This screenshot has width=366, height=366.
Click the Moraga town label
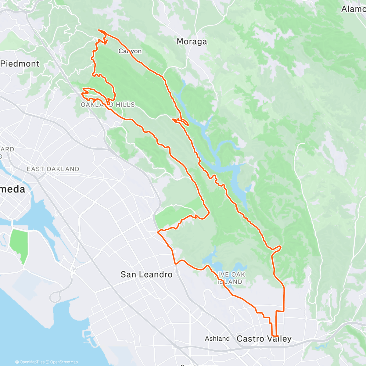tap(192, 41)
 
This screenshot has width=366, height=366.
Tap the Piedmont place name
tap(20, 64)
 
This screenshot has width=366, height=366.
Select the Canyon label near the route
tap(130, 51)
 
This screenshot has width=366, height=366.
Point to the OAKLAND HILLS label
tap(108, 105)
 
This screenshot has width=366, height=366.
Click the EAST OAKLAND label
tap(53, 169)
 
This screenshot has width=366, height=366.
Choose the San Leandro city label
tap(146, 274)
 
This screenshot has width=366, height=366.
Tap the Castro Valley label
tap(264, 339)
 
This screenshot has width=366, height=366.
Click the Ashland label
tap(217, 339)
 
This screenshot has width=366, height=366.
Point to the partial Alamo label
tap(353, 9)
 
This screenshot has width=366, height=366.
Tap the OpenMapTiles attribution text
tap(32, 362)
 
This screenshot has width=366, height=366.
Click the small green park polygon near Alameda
tap(19, 246)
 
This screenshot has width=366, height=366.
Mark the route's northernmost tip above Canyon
tap(99, 30)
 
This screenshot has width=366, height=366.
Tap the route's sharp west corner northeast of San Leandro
tap(158, 232)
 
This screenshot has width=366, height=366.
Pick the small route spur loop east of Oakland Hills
tap(182, 122)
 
